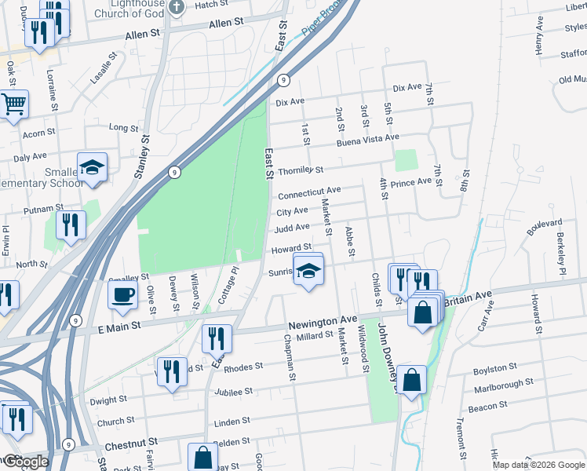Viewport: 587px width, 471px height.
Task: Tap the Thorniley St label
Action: (x=301, y=170)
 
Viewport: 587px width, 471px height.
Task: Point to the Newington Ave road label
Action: (x=323, y=322)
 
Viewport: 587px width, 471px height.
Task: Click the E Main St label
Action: (x=114, y=323)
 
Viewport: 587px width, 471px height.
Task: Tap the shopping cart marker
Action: (x=13, y=104)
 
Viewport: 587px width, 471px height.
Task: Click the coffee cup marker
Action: (x=122, y=295)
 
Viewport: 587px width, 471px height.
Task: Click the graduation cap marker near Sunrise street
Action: (x=308, y=271)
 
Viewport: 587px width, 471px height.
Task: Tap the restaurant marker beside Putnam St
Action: (x=71, y=226)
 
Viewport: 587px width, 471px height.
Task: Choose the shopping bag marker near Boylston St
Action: (x=412, y=381)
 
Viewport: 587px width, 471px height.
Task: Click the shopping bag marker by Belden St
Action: (x=202, y=457)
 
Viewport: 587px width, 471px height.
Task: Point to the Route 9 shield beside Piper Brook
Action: (x=284, y=80)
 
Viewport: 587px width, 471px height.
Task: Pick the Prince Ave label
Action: (x=411, y=181)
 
